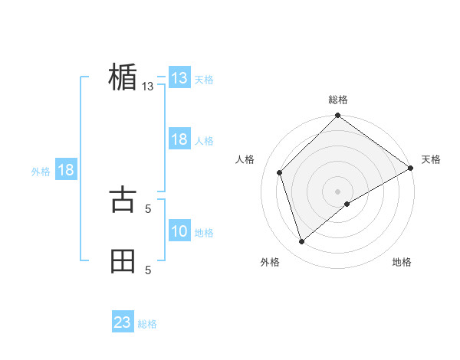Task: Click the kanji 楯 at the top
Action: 123,77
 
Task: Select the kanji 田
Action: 123,260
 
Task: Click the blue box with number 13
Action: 179,78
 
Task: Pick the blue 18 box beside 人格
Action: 179,140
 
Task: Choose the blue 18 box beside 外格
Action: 66,170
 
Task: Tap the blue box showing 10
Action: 179,231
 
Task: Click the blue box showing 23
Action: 123,322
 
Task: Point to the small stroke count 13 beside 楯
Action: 148,87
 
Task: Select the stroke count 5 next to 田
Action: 148,270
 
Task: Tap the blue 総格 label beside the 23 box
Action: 147,324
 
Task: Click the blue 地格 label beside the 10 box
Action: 204,233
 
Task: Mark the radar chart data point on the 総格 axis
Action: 337,116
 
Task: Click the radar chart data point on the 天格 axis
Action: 410,168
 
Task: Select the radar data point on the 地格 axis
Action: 347,204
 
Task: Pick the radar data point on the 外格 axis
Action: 301,241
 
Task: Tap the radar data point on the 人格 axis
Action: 280,172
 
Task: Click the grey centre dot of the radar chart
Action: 337,191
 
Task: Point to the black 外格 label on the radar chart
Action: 270,263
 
